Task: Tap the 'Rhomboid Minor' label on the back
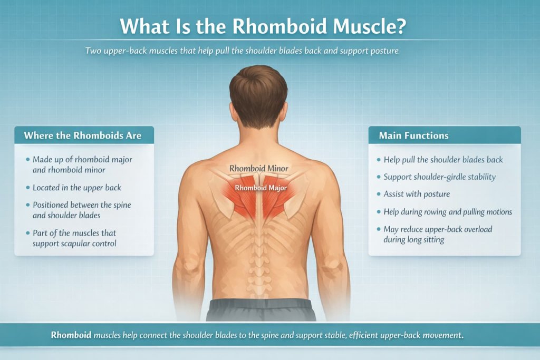[258, 169]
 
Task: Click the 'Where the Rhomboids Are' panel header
[82, 135]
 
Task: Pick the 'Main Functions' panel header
[413, 135]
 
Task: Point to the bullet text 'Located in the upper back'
[76, 188]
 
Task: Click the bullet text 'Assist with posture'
[417, 194]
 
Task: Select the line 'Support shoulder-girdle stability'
[440, 177]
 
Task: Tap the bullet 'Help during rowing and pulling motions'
[448, 211]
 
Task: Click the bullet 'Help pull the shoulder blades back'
[443, 159]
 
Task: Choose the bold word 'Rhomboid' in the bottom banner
[71, 335]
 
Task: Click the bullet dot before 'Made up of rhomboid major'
[27, 159]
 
